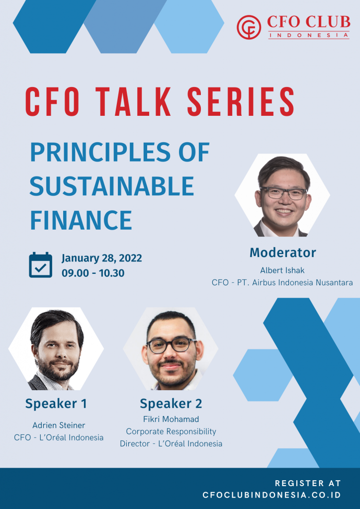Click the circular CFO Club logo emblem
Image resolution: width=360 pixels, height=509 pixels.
(x=249, y=27)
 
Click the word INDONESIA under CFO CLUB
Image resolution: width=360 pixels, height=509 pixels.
(x=309, y=35)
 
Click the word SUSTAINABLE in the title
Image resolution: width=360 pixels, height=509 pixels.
(x=112, y=186)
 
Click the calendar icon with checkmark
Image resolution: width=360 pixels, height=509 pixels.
(x=40, y=265)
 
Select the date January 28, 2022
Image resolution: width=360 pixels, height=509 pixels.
(x=102, y=258)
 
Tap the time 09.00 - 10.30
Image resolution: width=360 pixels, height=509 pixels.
(x=93, y=273)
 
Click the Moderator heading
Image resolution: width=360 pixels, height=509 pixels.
(x=282, y=253)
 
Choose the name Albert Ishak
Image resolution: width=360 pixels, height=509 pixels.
(x=282, y=270)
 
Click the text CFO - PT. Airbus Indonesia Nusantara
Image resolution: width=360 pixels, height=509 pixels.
(x=282, y=282)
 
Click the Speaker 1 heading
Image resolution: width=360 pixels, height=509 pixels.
(x=56, y=404)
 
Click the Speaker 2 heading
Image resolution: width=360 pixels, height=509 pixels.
(x=171, y=403)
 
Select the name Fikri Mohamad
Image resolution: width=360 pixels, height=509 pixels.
(x=171, y=420)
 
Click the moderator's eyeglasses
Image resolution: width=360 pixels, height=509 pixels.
(x=283, y=193)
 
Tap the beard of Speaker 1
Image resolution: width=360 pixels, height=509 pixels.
(x=56, y=370)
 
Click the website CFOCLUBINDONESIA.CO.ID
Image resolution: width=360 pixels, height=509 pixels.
(x=271, y=495)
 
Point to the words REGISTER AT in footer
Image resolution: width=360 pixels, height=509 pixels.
(x=308, y=483)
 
